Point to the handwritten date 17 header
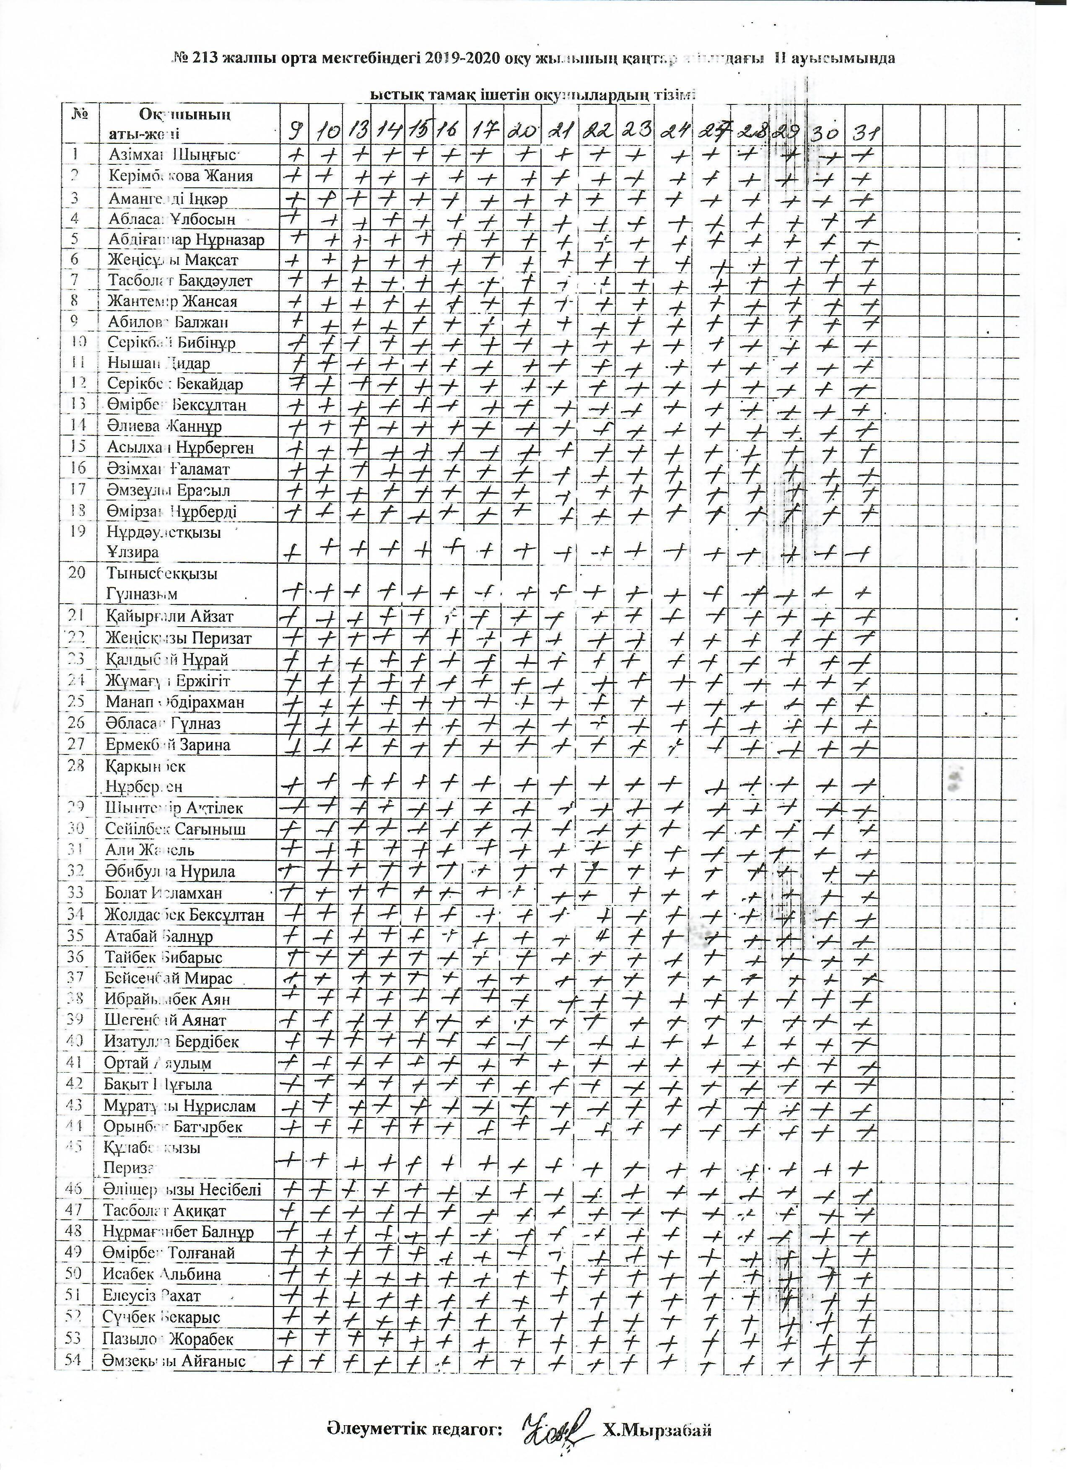[483, 132]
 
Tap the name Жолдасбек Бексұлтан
[184, 915]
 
